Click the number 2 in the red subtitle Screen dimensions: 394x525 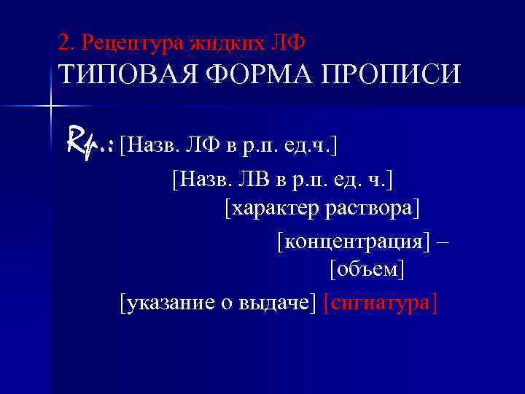(64, 43)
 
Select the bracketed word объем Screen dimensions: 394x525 (367, 270)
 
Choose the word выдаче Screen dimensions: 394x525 (276, 303)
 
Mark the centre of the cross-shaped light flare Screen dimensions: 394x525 (50, 107)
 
